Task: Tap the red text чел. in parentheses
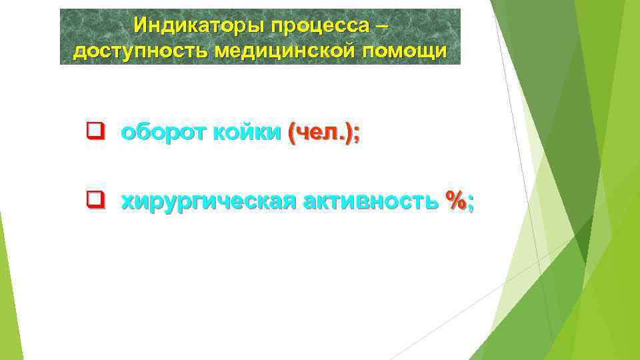coord(322,133)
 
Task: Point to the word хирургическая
coord(209,199)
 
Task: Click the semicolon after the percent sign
coord(471,201)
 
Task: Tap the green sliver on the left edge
coord(5,293)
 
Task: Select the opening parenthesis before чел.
coord(291,133)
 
